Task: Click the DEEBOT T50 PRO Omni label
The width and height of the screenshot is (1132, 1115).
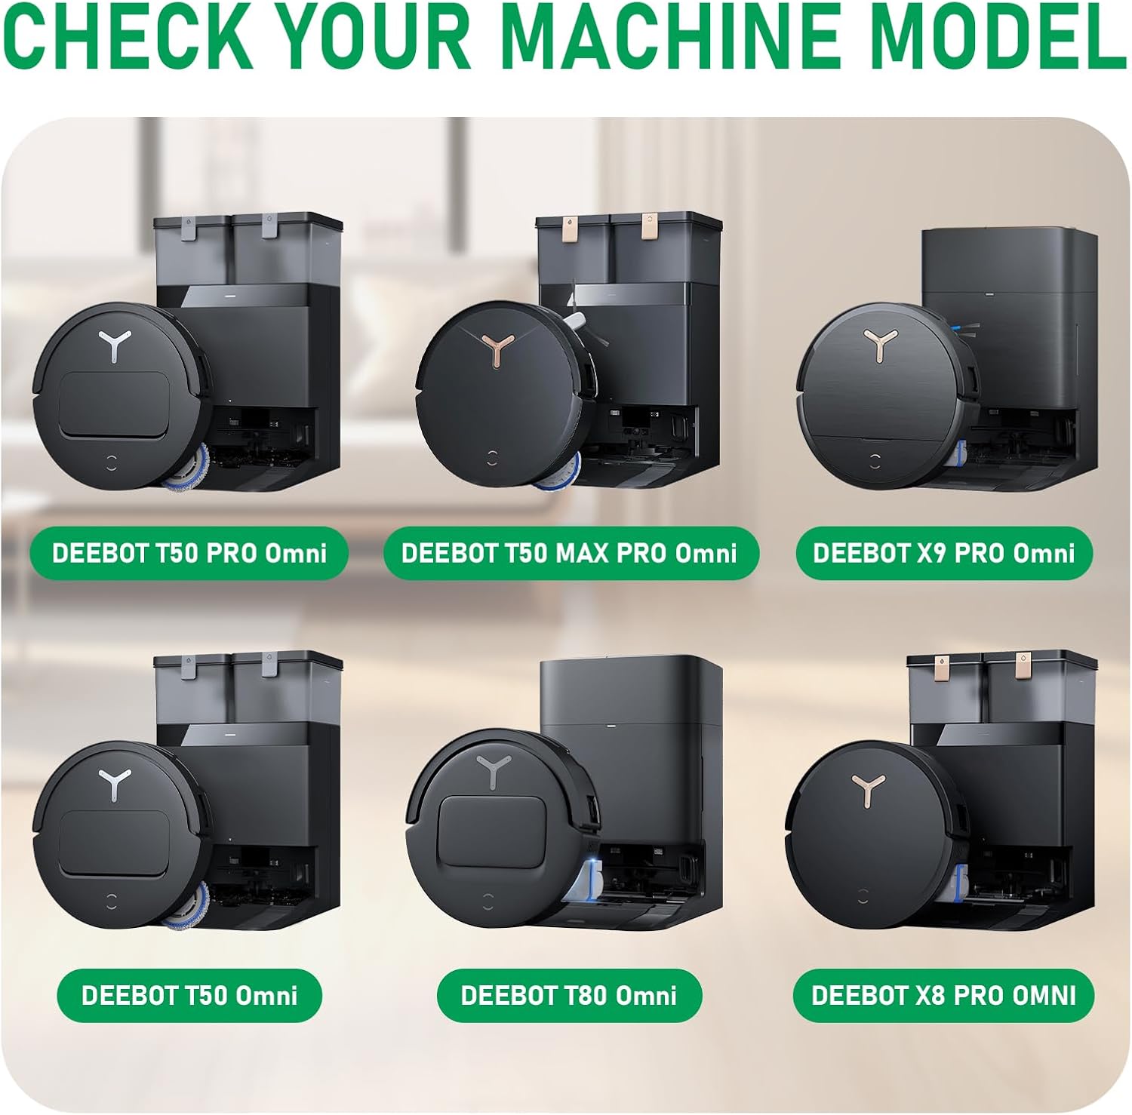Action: coord(189,553)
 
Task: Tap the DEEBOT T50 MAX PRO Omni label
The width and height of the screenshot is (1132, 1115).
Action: coord(570,553)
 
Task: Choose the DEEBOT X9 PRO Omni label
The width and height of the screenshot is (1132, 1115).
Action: coord(944,553)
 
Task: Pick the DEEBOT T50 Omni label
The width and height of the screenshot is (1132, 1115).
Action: coord(189,995)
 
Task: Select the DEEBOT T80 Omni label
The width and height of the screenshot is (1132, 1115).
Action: coord(569,995)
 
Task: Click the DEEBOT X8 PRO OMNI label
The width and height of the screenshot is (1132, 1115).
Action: coord(944,995)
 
